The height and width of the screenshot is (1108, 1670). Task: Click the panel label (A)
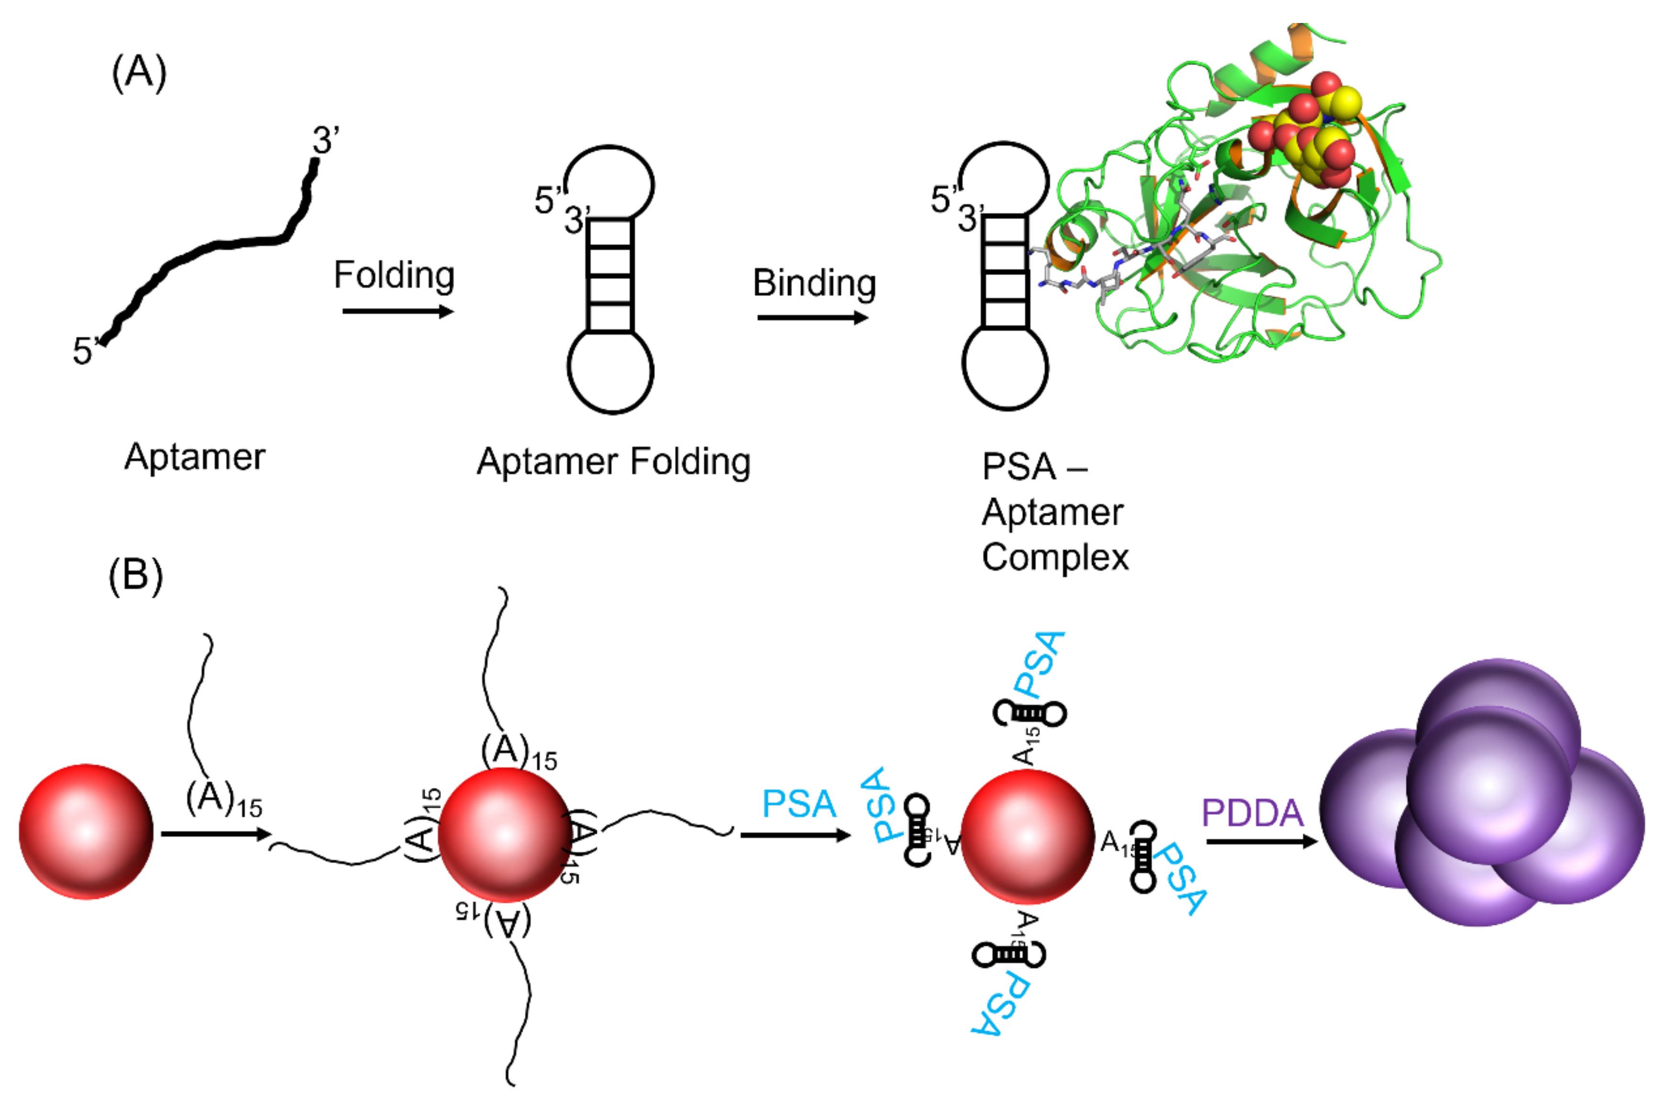139,72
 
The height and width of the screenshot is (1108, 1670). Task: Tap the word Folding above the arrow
394,276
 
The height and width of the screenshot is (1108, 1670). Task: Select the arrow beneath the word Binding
812,318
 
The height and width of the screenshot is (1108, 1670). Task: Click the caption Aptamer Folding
613,463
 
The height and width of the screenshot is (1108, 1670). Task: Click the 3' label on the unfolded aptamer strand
326,140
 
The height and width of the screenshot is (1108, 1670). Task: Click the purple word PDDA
1252,813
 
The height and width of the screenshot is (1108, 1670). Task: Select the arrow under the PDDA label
1261,842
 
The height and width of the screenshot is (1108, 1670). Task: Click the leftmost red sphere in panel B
86,831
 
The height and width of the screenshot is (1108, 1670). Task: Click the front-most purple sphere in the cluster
1488,785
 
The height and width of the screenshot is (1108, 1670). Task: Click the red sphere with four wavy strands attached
504,834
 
